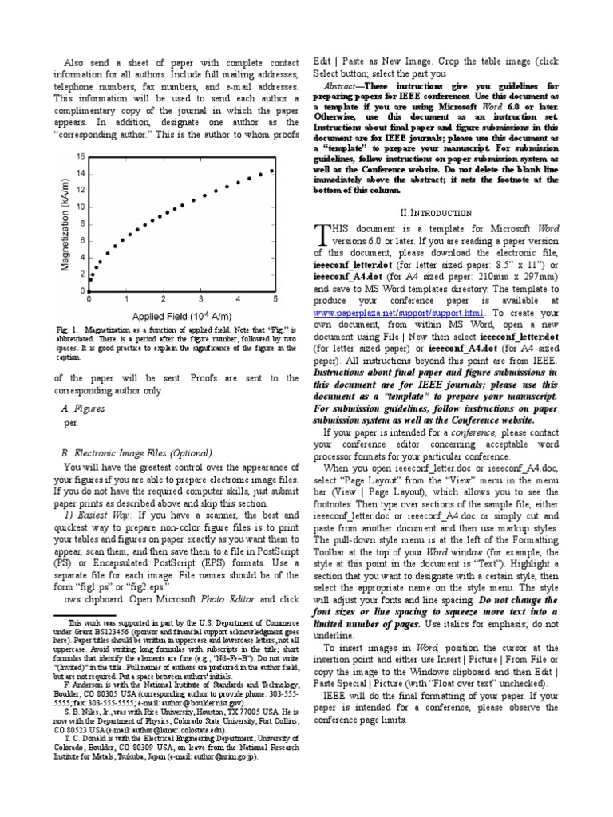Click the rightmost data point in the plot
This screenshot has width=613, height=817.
[x=272, y=171]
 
